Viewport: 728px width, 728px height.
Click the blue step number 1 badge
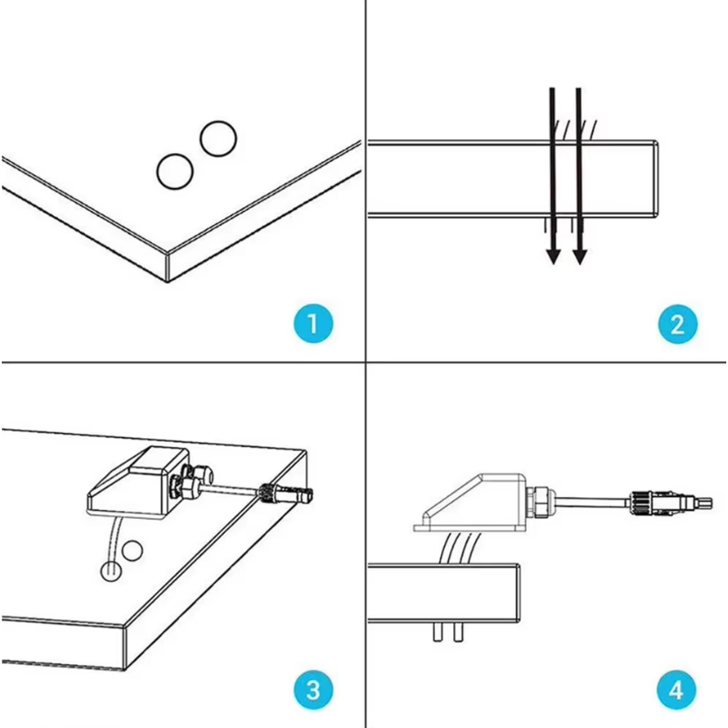click(x=313, y=324)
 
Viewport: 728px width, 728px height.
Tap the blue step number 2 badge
click(x=678, y=324)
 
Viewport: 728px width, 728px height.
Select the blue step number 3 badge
click(x=313, y=689)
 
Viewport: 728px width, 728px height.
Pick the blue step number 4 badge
click(x=676, y=689)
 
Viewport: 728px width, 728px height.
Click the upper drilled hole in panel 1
click(x=218, y=138)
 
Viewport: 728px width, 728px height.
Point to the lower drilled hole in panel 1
click(x=175, y=171)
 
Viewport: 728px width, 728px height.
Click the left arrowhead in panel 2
click(x=553, y=256)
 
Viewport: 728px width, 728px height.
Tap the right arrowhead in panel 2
click(x=580, y=256)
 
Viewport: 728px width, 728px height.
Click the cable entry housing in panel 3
click(x=137, y=483)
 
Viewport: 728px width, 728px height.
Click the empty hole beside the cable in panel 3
click(x=132, y=550)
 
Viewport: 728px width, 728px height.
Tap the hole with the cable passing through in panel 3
click(x=111, y=571)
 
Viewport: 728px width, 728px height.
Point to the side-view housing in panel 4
click(x=470, y=503)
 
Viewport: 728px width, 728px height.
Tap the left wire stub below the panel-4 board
click(x=437, y=632)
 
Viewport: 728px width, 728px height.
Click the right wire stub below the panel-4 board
click(x=458, y=632)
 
